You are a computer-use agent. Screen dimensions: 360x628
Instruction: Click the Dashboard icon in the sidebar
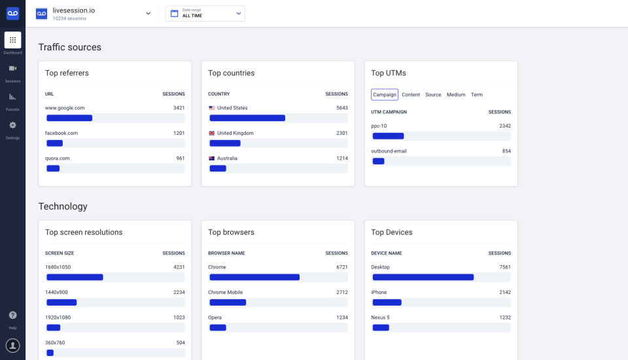point(12,40)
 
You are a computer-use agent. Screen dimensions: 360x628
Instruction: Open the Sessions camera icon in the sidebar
point(12,69)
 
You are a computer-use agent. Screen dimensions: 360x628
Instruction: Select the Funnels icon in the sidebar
point(12,97)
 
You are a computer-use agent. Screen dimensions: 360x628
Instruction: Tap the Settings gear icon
point(12,125)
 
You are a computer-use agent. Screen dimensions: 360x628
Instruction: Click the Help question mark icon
point(12,315)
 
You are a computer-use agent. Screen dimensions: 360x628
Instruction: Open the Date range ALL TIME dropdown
point(205,13)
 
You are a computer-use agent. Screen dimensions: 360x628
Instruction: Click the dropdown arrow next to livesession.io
point(148,13)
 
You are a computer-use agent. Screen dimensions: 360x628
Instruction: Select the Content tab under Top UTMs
point(411,95)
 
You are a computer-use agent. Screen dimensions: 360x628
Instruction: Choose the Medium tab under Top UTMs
point(456,95)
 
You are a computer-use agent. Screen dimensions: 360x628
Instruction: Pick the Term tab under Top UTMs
point(477,95)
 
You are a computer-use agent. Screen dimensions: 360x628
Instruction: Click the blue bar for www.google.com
point(69,118)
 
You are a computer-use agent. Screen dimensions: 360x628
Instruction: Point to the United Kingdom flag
point(212,133)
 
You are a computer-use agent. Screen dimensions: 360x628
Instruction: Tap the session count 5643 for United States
point(341,108)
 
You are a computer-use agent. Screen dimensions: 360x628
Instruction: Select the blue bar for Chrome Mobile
point(228,302)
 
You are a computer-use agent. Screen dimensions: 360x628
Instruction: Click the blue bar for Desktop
point(423,278)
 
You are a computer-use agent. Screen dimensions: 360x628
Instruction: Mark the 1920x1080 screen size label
point(58,317)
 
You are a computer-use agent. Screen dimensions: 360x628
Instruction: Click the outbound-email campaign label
point(389,151)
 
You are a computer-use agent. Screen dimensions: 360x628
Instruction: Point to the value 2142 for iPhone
point(504,293)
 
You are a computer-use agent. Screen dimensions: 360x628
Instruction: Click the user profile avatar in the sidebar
point(12,345)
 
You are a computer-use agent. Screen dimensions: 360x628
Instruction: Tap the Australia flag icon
point(212,158)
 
